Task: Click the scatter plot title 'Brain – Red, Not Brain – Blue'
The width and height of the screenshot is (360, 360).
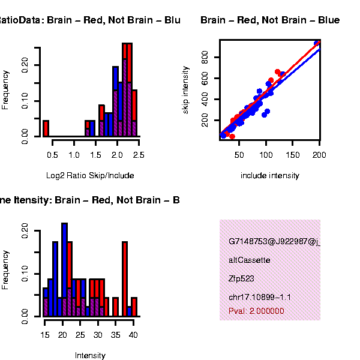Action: pos(270,20)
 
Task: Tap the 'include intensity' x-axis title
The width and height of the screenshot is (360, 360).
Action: pos(269,176)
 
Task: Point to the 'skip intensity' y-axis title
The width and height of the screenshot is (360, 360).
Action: pos(186,90)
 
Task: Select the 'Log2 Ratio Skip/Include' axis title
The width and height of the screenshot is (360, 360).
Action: pos(90,176)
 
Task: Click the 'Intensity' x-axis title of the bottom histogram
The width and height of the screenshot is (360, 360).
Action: pos(90,355)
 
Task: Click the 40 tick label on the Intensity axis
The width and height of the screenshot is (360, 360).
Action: pos(133,335)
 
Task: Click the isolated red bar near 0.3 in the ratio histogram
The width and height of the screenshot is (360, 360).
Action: pos(46,128)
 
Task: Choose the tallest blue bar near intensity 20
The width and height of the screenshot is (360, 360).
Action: pos(64,269)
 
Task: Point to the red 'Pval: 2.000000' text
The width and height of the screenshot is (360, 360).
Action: pos(256,311)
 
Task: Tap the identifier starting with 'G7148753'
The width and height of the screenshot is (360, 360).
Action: pos(274,242)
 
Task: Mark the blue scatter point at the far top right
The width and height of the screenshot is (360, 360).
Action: pos(317,43)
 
